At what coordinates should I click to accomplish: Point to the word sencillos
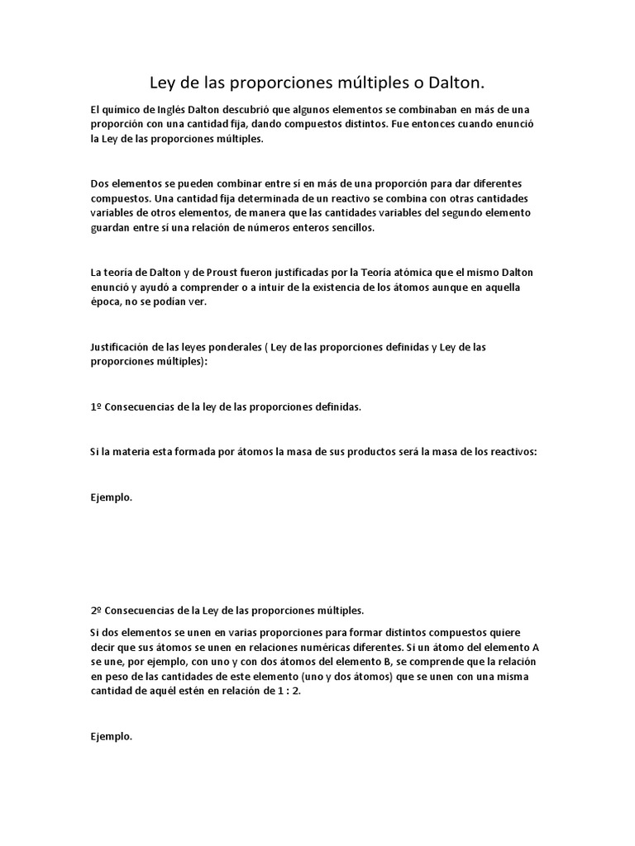coord(351,228)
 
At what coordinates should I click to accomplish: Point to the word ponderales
coord(230,347)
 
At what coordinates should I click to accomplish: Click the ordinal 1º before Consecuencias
coord(95,407)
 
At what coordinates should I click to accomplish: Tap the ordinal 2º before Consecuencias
coord(95,611)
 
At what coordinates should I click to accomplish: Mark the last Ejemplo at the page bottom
coord(111,736)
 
